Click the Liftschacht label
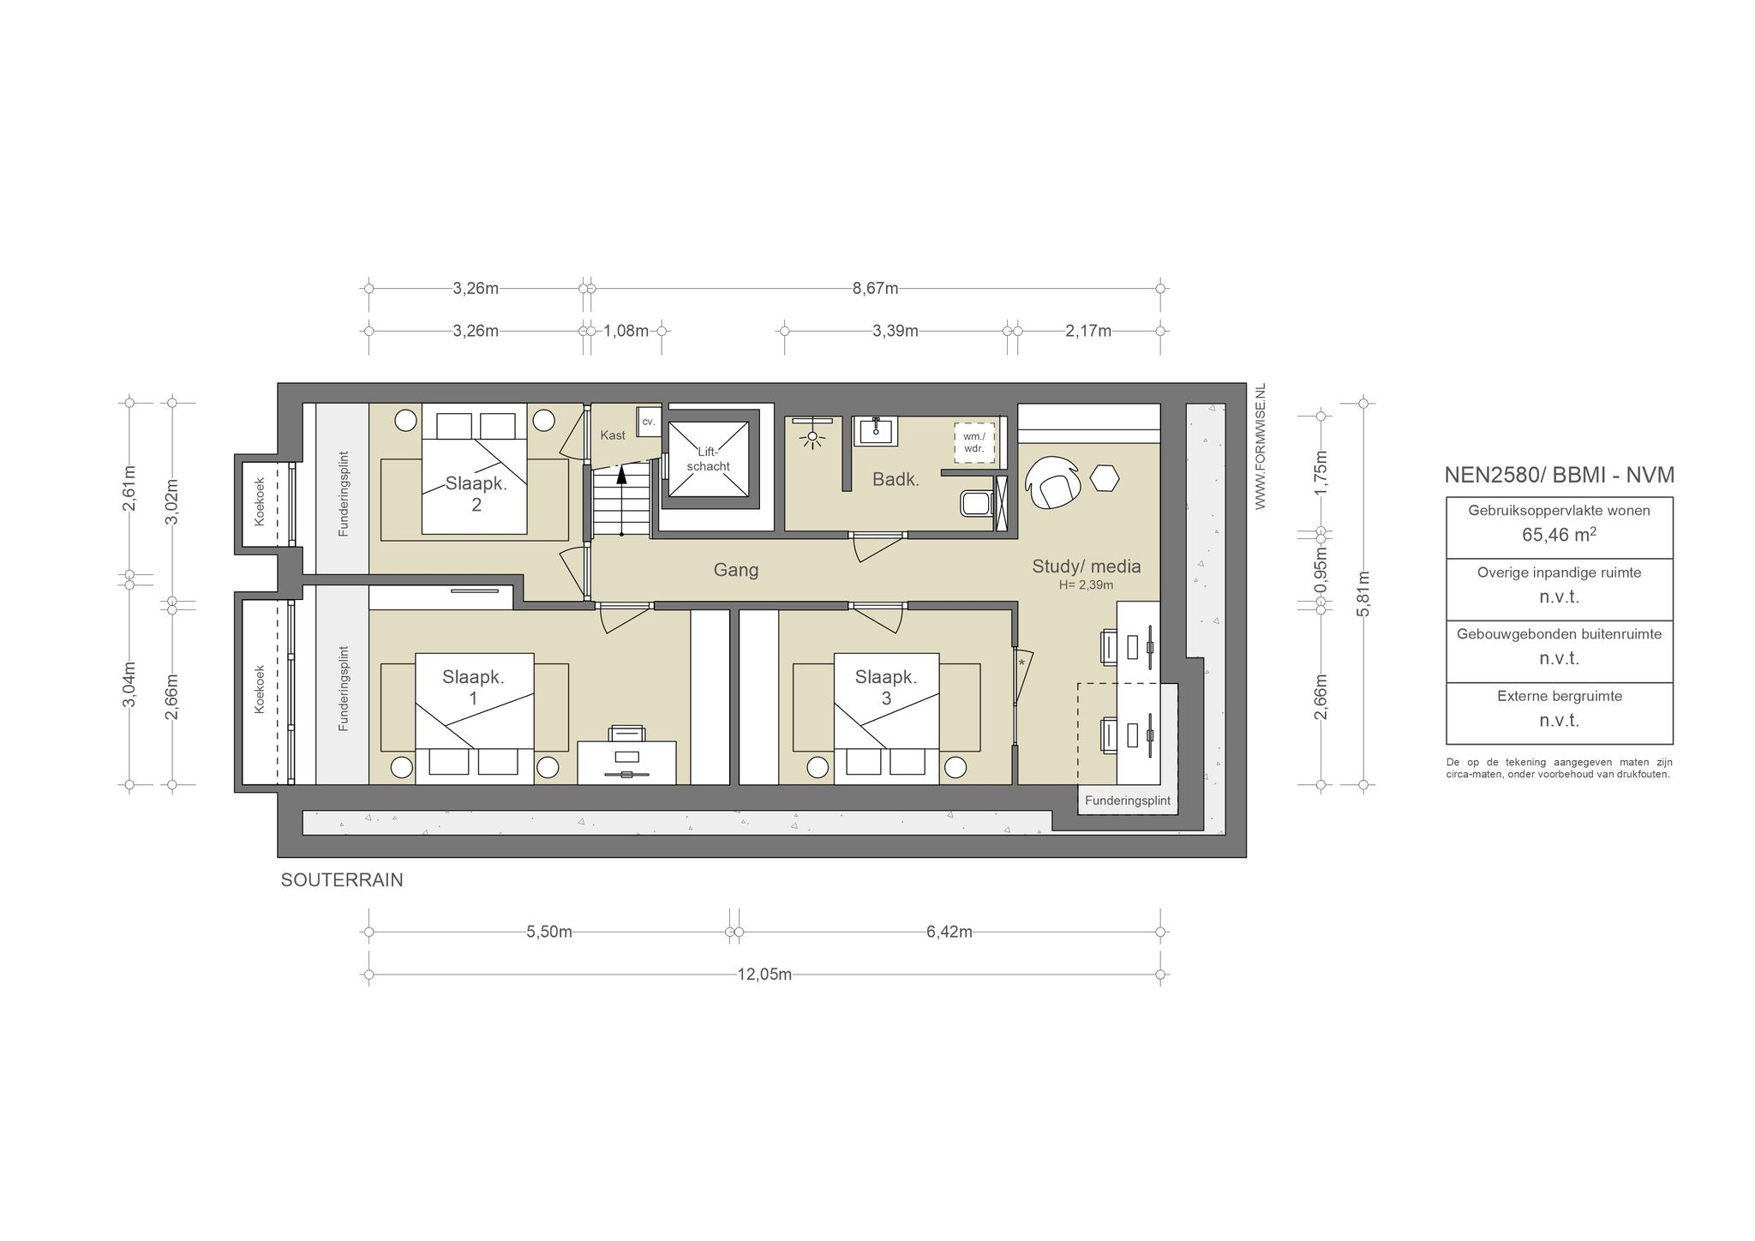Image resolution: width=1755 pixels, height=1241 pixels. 708,459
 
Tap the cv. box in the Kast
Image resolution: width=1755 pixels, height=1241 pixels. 649,422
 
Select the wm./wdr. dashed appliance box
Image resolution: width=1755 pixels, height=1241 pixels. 974,442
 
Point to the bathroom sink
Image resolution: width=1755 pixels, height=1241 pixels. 875,431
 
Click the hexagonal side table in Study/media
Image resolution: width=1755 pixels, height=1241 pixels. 1105,478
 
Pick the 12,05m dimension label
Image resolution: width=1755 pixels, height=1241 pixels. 764,974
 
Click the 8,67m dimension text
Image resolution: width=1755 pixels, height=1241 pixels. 875,288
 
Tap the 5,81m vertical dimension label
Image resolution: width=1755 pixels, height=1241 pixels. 1364,593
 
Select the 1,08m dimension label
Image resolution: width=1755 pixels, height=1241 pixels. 626,331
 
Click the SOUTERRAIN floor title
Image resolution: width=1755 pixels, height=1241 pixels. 342,880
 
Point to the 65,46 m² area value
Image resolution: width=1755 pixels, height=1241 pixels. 1560,536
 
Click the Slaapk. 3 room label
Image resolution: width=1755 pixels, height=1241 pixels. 886,687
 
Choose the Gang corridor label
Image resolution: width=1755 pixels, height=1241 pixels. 736,570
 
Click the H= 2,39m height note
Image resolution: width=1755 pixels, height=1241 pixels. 1086,585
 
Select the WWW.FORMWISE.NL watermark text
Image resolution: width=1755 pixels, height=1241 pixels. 1261,447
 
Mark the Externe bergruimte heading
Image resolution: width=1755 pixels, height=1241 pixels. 1560,696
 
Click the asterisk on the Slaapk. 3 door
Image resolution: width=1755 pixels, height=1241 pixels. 1021,662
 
